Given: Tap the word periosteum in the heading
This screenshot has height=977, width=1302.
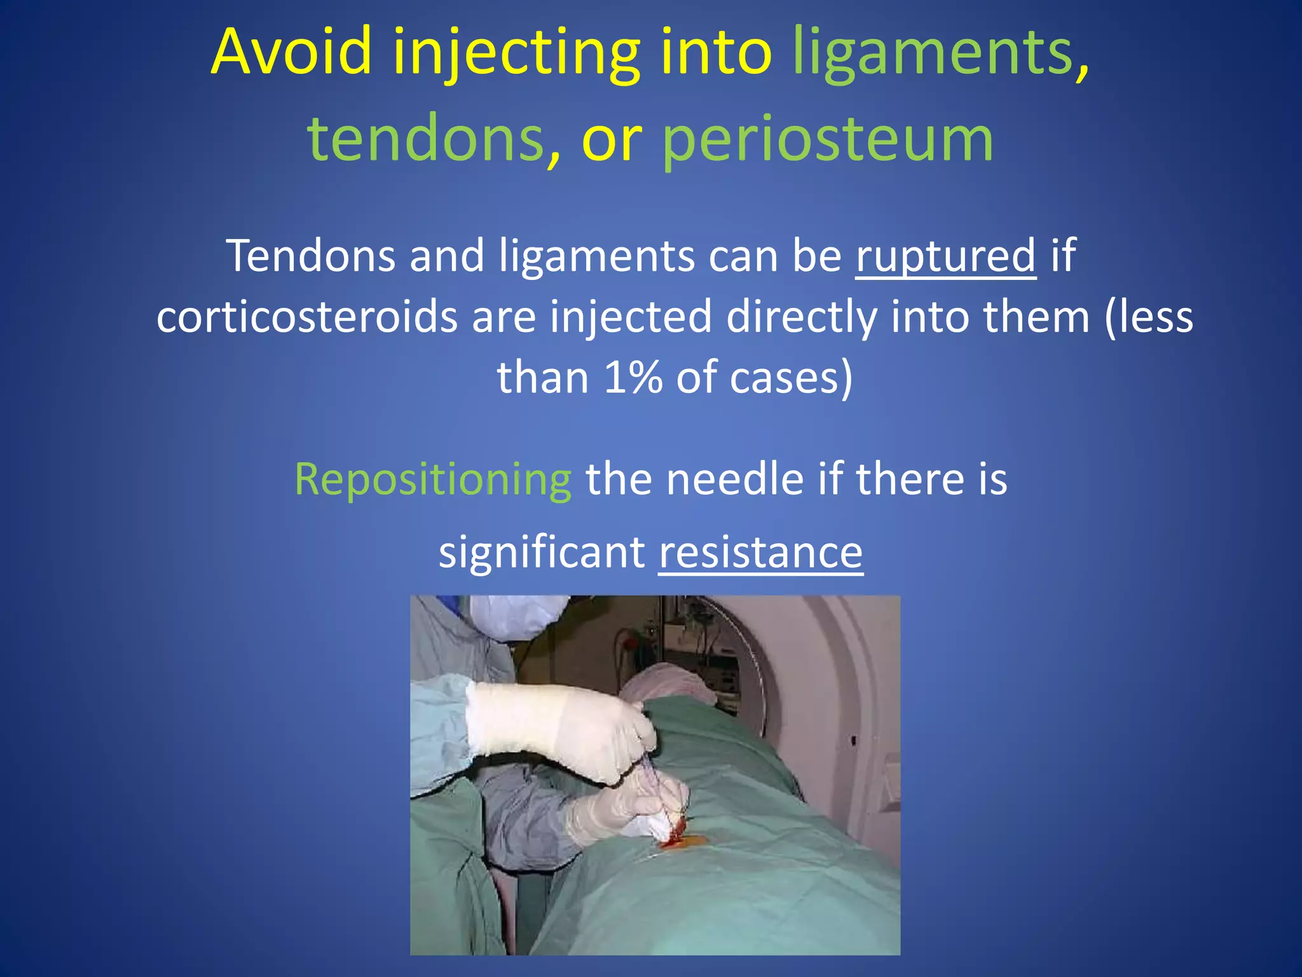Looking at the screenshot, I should (x=828, y=140).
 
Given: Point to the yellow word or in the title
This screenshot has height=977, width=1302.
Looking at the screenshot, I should (x=611, y=140).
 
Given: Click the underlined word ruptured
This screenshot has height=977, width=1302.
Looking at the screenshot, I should (x=945, y=256).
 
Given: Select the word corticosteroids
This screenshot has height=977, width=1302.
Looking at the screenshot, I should (x=306, y=317).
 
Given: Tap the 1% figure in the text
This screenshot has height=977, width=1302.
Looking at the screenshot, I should (x=633, y=377).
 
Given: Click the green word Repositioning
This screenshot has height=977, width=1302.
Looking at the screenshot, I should (x=432, y=479).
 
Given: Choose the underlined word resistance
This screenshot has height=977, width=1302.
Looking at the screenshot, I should (x=760, y=552).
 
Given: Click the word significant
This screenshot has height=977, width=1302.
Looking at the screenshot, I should (x=542, y=552).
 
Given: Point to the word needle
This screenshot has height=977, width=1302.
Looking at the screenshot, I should (x=734, y=479).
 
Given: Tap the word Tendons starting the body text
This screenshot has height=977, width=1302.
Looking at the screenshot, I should (x=311, y=256).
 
